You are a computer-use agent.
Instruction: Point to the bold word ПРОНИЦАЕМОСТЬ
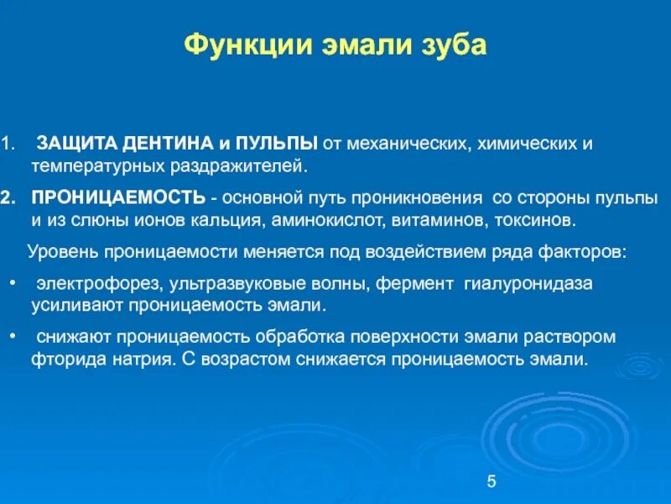117,198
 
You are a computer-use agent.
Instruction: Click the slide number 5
492,480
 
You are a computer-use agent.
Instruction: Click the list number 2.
7,198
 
